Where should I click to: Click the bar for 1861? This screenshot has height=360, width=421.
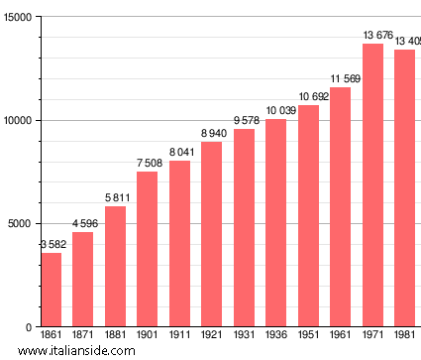[51, 290]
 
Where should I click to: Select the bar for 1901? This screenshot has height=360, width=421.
[147, 249]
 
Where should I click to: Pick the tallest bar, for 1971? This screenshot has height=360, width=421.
[372, 185]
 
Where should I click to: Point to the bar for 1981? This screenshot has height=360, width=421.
[404, 188]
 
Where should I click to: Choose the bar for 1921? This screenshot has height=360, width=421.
[211, 234]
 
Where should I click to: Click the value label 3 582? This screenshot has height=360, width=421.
[51, 245]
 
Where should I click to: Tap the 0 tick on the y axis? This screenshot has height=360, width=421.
[29, 327]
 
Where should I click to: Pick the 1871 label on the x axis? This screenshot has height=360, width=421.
[82, 336]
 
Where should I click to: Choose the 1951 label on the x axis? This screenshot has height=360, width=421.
[308, 336]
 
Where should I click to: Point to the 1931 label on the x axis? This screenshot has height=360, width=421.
[244, 336]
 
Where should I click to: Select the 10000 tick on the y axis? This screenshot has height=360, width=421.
[17, 121]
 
